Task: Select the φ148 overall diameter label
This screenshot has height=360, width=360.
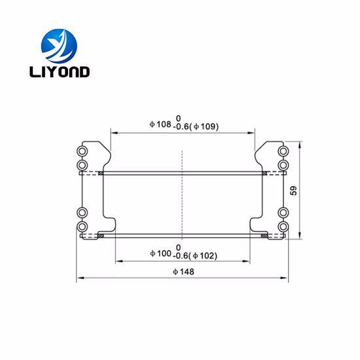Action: [x=182, y=272]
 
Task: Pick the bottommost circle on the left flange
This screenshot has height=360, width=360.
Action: [x=82, y=226]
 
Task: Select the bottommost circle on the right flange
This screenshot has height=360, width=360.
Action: [x=283, y=226]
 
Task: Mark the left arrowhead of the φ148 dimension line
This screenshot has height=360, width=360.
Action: [x=80, y=279]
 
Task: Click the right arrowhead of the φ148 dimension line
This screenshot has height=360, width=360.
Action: [x=285, y=279]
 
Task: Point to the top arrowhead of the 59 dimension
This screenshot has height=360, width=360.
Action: [x=299, y=143]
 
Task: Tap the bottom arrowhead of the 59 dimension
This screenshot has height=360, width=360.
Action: [x=299, y=235]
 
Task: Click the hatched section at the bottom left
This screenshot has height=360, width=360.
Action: [x=101, y=236]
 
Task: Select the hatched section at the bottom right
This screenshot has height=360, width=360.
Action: [x=263, y=236]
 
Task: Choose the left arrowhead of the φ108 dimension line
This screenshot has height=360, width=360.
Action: [x=113, y=132]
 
